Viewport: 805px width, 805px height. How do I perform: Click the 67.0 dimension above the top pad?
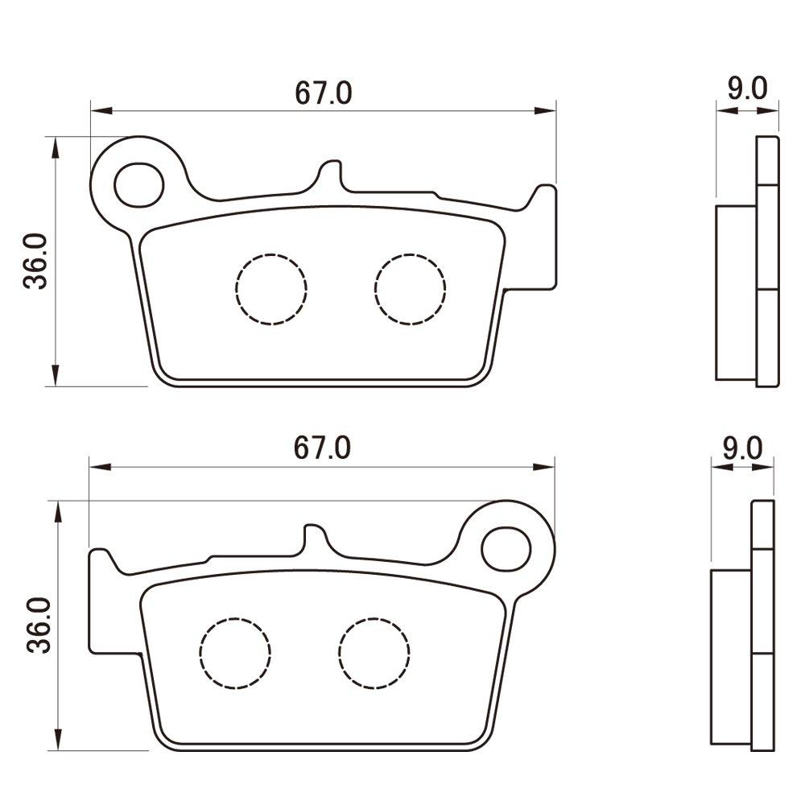323,93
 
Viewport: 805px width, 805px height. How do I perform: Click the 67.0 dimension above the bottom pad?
323,448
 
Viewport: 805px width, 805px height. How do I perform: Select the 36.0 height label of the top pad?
37,262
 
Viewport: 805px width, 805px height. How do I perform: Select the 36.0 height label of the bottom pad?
37,625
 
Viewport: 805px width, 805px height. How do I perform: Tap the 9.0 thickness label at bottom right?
741,448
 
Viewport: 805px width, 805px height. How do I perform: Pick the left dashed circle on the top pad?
271,289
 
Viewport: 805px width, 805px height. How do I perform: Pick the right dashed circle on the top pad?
410,289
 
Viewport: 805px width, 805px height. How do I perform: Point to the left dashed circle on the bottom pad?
235,653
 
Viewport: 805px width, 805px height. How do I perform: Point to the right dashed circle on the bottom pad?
374,653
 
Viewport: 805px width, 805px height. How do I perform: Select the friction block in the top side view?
737,291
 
